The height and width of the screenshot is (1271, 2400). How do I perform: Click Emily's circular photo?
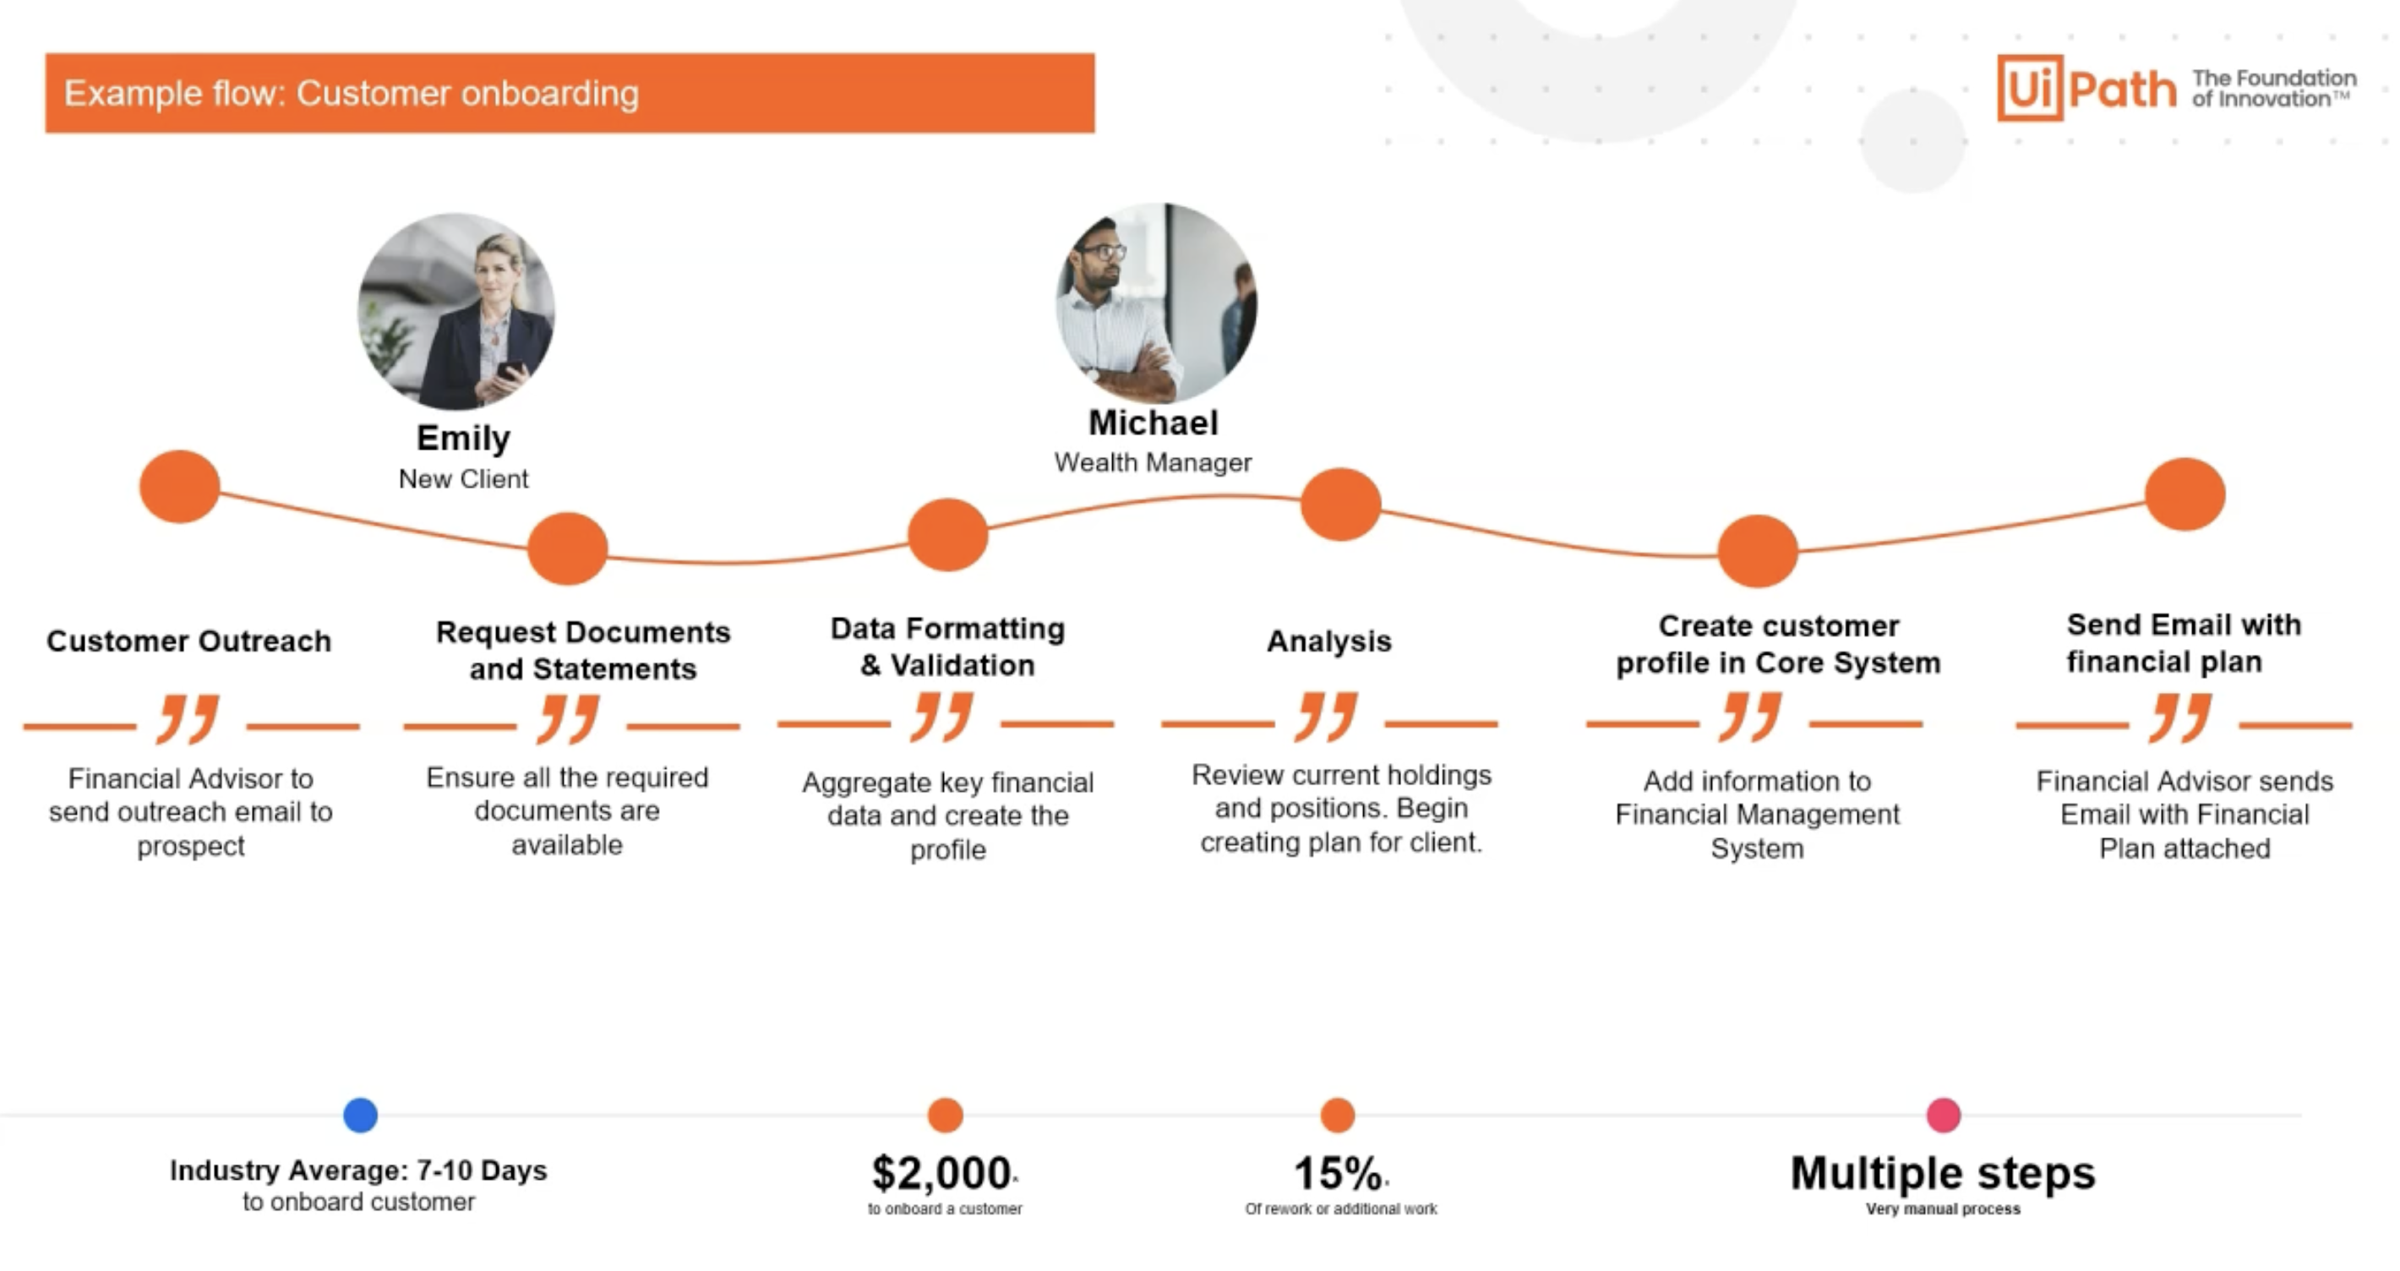(x=456, y=311)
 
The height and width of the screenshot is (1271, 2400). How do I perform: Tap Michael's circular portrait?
(x=1156, y=303)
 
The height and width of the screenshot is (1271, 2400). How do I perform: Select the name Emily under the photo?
(x=463, y=438)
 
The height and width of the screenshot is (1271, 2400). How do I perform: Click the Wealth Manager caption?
(x=1153, y=462)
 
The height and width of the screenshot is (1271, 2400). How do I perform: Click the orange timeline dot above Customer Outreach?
(x=180, y=487)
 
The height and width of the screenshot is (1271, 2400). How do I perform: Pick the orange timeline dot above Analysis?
(x=1340, y=505)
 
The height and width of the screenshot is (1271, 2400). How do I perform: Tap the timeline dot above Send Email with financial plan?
(x=2185, y=494)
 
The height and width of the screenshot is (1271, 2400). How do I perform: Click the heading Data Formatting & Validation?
(x=947, y=646)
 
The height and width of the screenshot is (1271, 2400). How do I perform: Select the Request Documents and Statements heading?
(x=583, y=651)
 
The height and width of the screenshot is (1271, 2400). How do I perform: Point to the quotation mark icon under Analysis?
(x=1328, y=717)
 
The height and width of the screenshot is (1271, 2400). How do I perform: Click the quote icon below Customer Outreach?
(x=189, y=718)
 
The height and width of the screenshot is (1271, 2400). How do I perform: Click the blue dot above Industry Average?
(x=361, y=1115)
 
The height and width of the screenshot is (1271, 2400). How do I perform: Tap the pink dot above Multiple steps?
(x=1944, y=1115)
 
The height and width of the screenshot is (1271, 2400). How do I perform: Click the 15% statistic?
(x=1338, y=1173)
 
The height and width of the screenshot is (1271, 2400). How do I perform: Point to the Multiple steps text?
(x=1943, y=1173)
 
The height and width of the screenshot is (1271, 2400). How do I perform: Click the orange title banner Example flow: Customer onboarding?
(x=570, y=93)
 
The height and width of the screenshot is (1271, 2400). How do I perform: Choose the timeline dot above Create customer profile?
(x=1758, y=551)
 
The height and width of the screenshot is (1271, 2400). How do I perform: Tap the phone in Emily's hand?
(x=509, y=370)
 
